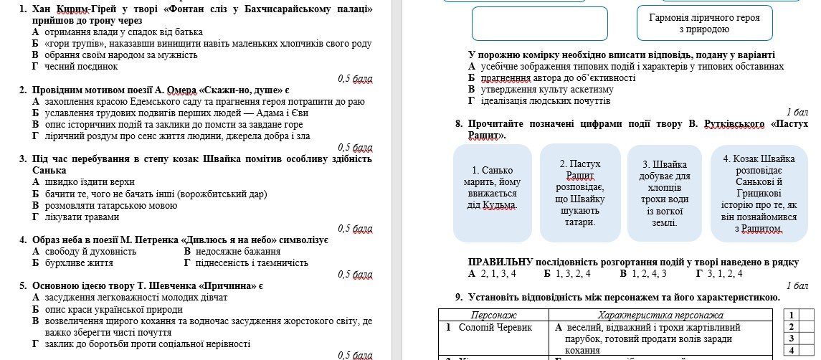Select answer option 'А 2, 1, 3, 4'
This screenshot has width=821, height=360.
tap(492, 273)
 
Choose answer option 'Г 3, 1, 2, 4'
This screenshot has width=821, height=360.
tap(719, 273)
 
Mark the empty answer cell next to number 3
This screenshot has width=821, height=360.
tap(807, 338)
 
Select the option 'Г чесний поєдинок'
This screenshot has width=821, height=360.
tap(75, 67)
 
